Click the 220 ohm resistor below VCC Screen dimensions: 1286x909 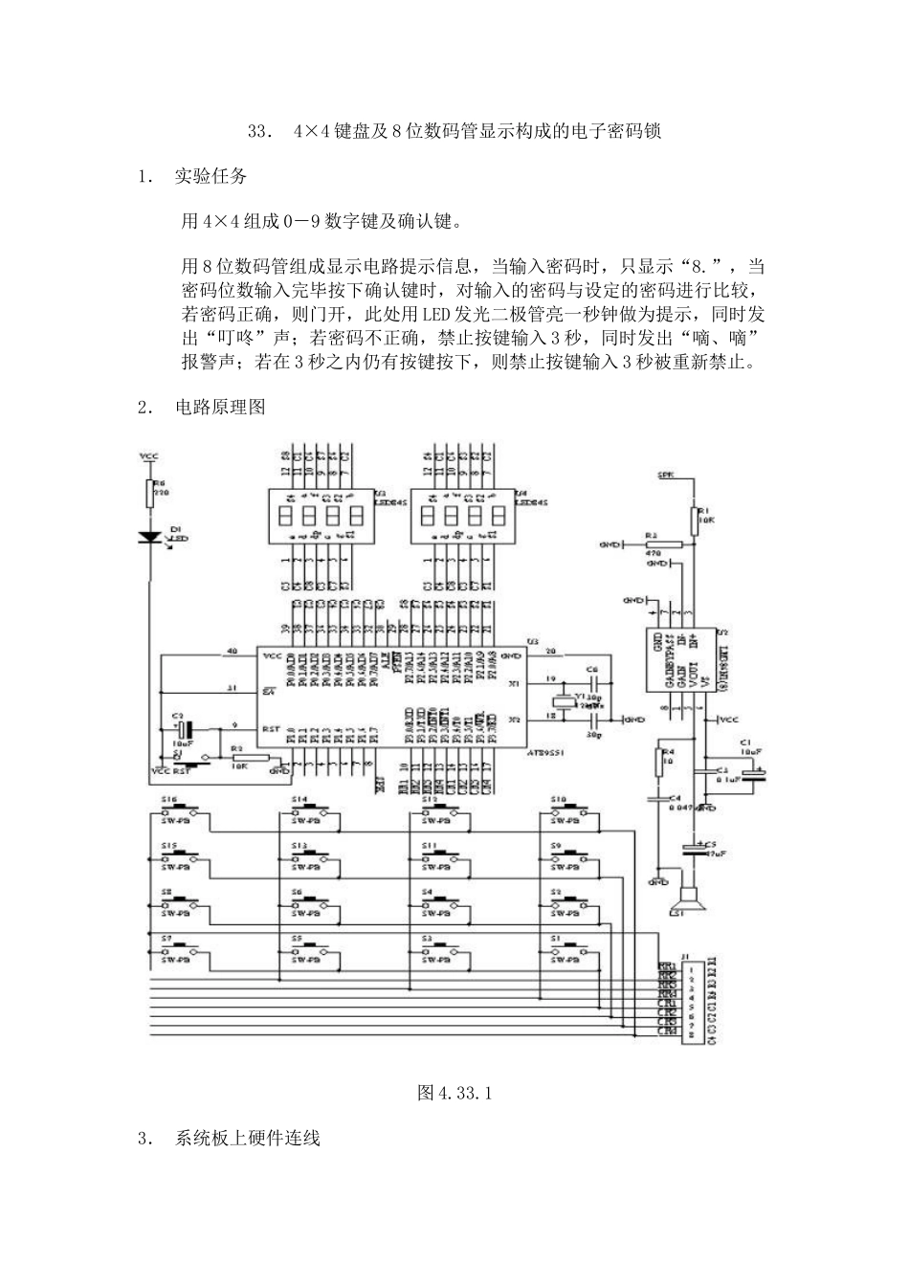149,494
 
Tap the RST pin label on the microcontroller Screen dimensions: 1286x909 271,728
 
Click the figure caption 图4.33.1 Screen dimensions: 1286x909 454,1092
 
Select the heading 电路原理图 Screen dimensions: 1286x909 220,407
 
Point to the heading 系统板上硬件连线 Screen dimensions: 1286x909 247,1139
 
